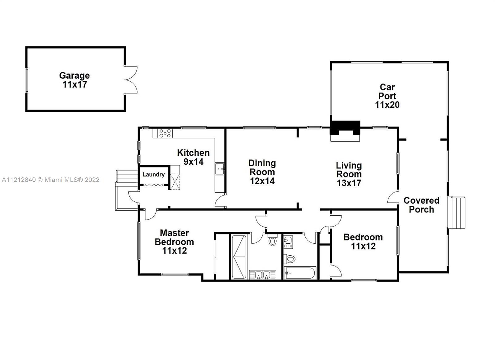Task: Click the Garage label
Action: [75, 76]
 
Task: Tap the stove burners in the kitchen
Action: [165, 133]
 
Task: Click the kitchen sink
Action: [220, 169]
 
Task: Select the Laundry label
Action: [153, 175]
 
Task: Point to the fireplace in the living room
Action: [345, 131]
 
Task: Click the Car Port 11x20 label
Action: [387, 96]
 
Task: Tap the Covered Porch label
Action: [421, 205]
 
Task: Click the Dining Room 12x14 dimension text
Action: [262, 181]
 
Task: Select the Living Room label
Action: [349, 170]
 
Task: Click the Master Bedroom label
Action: [174, 237]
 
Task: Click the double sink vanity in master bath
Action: [263, 275]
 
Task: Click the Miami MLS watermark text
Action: [51, 180]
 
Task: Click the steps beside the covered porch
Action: [457, 212]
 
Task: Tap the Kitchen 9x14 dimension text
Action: [194, 162]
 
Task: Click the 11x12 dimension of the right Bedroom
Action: [363, 246]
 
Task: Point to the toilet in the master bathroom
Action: [273, 241]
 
